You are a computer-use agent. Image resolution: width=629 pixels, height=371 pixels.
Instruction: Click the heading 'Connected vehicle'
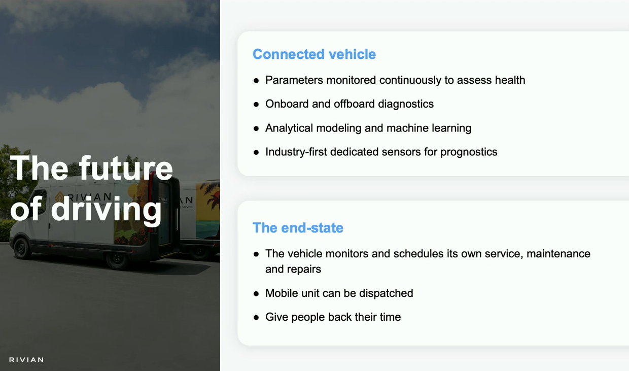coord(314,54)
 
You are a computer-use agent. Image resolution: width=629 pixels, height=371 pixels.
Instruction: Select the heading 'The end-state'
coord(298,228)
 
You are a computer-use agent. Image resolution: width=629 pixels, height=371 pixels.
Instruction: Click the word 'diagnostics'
coord(406,104)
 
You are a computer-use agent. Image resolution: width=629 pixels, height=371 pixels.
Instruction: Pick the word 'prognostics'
coord(469,152)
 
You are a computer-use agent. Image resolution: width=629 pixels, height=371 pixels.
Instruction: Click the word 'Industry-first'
coord(296,152)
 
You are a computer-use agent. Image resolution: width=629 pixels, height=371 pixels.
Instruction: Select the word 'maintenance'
coord(558,254)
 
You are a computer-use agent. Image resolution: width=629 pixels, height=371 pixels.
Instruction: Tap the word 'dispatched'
coord(386,293)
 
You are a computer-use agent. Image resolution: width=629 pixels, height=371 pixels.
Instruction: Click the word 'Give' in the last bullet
coord(277,317)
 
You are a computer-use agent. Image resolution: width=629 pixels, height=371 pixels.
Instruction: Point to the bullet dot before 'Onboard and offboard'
coord(256,105)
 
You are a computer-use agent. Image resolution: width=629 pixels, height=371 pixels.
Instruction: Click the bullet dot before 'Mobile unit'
coord(256,294)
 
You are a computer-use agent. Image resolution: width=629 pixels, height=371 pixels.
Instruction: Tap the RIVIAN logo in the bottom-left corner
coord(26,360)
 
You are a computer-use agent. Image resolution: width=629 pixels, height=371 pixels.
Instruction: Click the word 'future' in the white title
coord(126,168)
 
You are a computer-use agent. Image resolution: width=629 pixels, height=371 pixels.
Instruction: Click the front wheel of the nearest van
coord(22,248)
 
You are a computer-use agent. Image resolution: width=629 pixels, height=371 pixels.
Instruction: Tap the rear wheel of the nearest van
coord(117,259)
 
